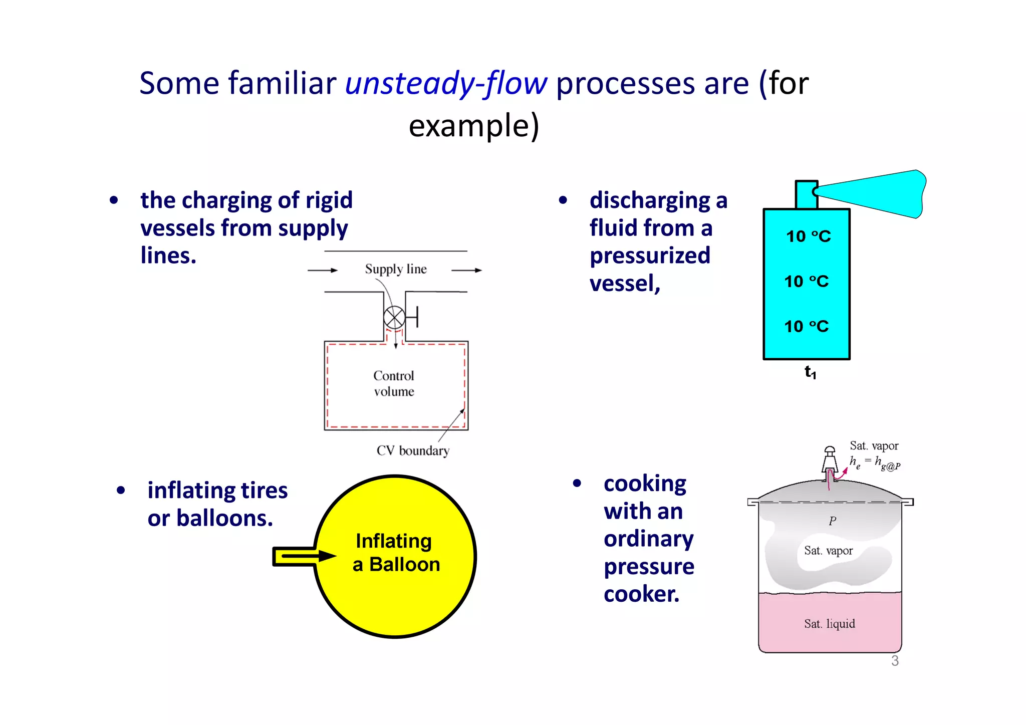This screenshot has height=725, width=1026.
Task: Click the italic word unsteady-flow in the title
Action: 446,83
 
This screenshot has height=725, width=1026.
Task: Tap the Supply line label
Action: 396,269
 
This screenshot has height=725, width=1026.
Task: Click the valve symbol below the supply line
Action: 394,317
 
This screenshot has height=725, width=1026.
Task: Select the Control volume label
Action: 394,383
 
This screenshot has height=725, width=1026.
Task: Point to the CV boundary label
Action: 413,450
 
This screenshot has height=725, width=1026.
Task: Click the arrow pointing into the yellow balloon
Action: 305,556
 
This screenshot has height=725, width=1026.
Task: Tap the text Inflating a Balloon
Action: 396,553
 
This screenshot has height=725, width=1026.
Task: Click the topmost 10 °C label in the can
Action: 808,236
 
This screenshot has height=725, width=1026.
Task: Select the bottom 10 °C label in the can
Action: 806,326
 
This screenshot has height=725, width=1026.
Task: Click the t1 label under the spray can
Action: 810,372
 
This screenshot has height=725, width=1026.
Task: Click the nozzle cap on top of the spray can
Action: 806,194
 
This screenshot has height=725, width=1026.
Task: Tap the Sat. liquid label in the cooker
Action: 829,624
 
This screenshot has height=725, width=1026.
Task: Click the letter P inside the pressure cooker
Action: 832,521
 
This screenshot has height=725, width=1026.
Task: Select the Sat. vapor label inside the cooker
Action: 828,551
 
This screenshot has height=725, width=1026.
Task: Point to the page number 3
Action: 895,661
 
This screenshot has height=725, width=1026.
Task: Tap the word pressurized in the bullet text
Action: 650,256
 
